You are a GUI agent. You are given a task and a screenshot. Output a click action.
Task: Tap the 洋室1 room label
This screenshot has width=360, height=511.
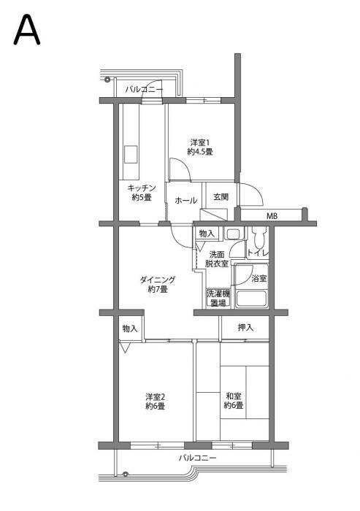[x=199, y=147]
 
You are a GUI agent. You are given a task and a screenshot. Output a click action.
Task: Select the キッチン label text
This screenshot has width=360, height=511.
[x=141, y=193]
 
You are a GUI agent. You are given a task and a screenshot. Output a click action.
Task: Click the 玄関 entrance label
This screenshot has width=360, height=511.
[x=221, y=196]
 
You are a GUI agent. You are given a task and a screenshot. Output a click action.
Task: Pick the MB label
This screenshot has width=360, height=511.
[x=272, y=216]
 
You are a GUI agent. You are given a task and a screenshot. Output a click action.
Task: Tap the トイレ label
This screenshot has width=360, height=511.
[x=258, y=253]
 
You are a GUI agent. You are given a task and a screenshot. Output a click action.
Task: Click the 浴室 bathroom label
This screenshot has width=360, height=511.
[x=258, y=278]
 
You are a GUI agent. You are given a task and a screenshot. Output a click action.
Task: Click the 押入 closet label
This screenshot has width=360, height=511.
[x=245, y=328]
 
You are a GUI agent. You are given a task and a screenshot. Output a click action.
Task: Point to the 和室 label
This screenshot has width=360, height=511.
[x=233, y=400]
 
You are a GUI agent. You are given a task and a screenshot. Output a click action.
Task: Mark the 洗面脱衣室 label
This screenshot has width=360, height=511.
[x=216, y=258]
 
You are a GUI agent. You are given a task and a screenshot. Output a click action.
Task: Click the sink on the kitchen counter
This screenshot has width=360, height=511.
[x=131, y=155]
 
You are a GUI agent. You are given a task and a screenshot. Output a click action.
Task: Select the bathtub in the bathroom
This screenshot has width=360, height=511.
[x=251, y=299]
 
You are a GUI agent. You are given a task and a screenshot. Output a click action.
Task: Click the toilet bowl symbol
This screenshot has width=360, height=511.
[x=258, y=238]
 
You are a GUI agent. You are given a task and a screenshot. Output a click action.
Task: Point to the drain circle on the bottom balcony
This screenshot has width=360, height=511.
[x=126, y=472]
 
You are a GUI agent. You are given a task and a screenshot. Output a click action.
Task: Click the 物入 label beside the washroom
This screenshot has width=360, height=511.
[x=207, y=234]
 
